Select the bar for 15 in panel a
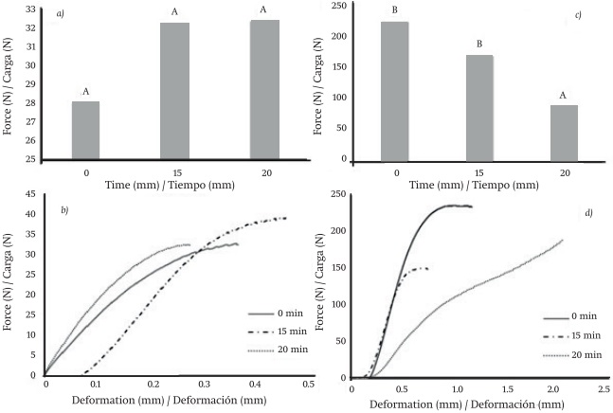(x=174, y=91)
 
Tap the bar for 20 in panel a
(x=264, y=89)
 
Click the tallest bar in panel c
(x=394, y=90)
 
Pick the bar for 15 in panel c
(x=479, y=106)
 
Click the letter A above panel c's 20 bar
(x=565, y=95)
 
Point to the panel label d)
(x=587, y=212)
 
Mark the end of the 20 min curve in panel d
(x=563, y=240)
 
